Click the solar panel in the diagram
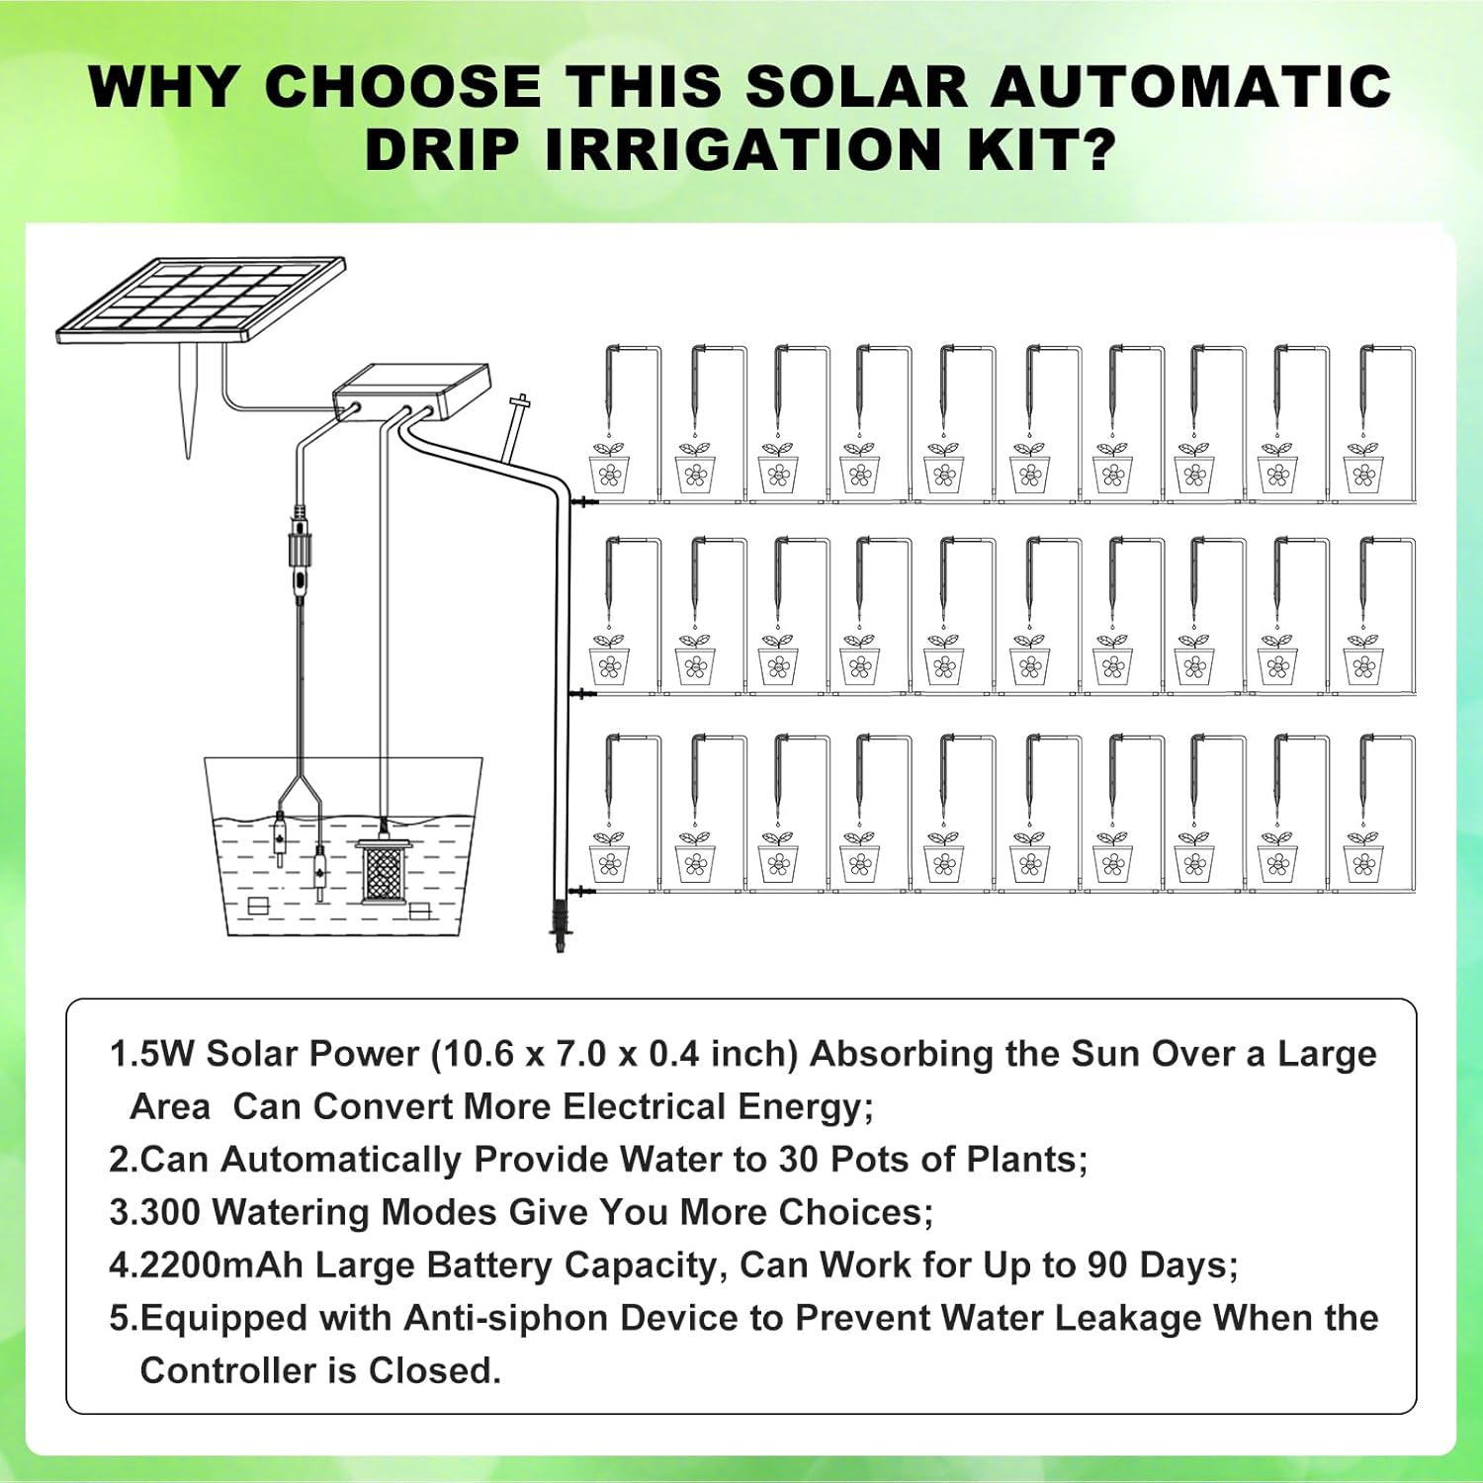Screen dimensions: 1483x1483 202,300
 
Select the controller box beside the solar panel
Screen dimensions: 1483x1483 412,393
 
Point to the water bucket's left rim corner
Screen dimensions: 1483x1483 206,759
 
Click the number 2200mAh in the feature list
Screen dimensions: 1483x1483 221,1265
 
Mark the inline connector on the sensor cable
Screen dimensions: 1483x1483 300,554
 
